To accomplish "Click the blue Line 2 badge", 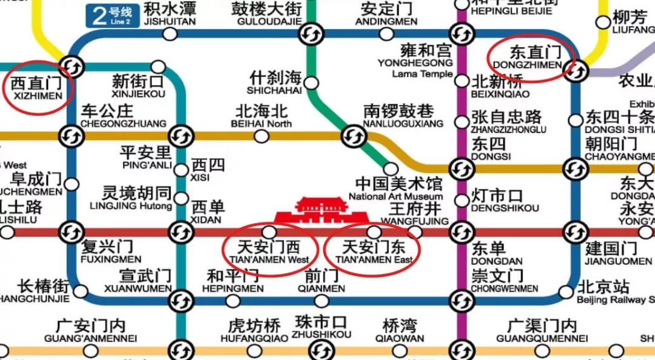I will point(112,14).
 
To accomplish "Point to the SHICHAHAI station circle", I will point(312,82).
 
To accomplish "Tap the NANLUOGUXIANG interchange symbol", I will point(353,136).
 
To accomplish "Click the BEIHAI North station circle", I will point(261,136).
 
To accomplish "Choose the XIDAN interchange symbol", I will point(181,231).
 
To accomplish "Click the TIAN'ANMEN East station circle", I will point(375,232).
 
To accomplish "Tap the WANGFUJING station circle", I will point(415,232).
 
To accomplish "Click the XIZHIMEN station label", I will point(36,88).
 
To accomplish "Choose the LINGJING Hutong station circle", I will point(181,198).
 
